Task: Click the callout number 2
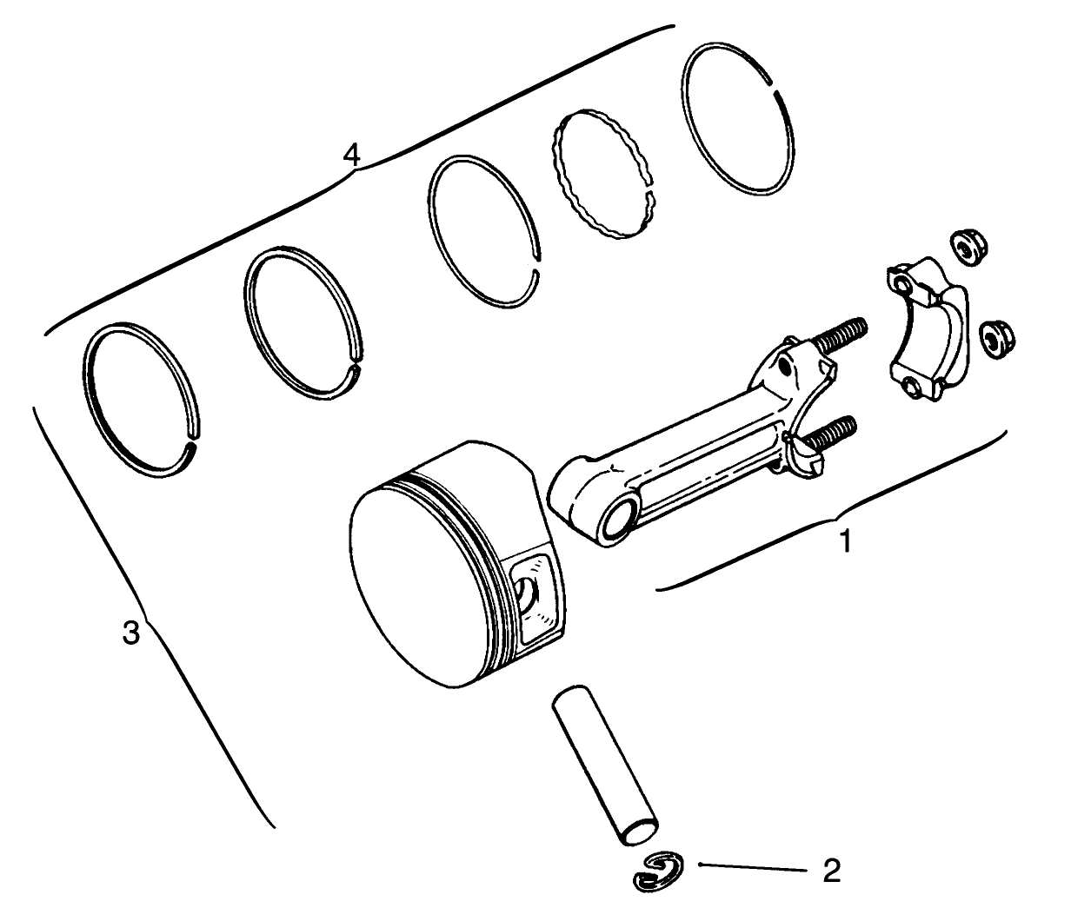point(832,870)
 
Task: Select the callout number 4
point(350,156)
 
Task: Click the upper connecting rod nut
point(962,248)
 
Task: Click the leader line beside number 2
point(752,867)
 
